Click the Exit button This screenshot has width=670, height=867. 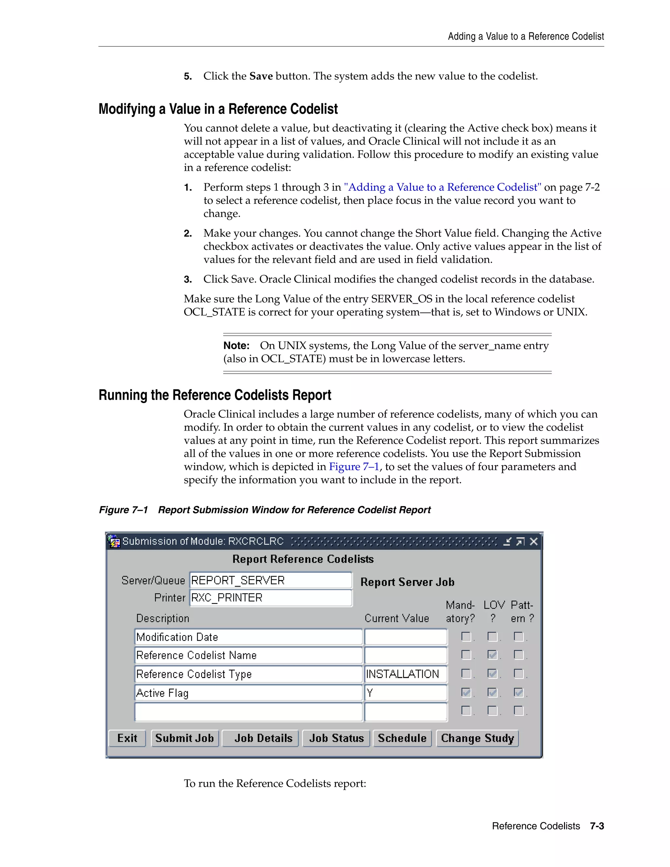click(x=127, y=738)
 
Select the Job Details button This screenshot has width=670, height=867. click(x=263, y=738)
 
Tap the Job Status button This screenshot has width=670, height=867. click(x=336, y=738)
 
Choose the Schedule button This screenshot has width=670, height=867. click(x=402, y=738)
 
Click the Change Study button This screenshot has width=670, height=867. click(x=477, y=738)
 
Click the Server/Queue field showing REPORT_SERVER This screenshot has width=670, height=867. click(x=271, y=580)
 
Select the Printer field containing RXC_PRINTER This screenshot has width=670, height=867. click(x=271, y=598)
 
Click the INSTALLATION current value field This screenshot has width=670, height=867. click(x=405, y=674)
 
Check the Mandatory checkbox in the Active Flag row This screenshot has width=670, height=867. click(x=466, y=693)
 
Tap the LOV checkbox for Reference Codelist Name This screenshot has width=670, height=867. click(x=492, y=655)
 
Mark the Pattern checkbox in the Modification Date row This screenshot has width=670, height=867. click(x=519, y=637)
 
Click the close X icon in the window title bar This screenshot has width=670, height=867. click(x=534, y=541)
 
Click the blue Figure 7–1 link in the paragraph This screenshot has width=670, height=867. click(x=354, y=467)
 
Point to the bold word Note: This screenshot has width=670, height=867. click(x=236, y=346)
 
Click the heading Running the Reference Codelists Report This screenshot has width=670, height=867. click(x=215, y=396)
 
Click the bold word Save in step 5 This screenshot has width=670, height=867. click(x=261, y=76)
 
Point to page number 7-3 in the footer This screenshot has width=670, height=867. click(x=597, y=826)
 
